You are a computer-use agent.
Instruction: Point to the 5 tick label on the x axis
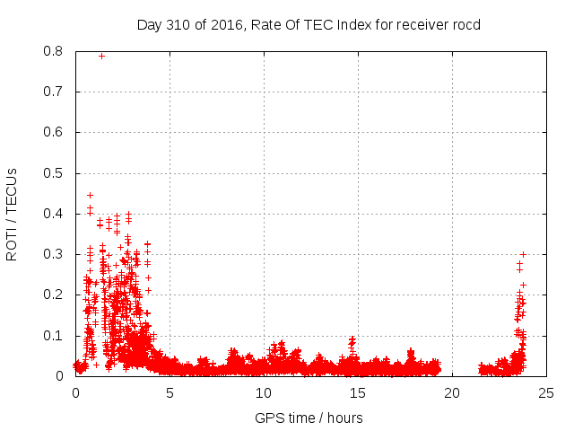pyautogui.click(x=170, y=392)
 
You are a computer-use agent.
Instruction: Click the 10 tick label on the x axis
pyautogui.click(x=264, y=392)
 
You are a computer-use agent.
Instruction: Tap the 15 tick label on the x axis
pyautogui.click(x=358, y=392)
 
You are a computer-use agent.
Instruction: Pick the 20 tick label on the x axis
pyautogui.click(x=452, y=392)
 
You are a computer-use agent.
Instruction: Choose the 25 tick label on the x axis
pyautogui.click(x=546, y=392)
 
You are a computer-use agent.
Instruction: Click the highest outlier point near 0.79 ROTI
pyautogui.click(x=101, y=56)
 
